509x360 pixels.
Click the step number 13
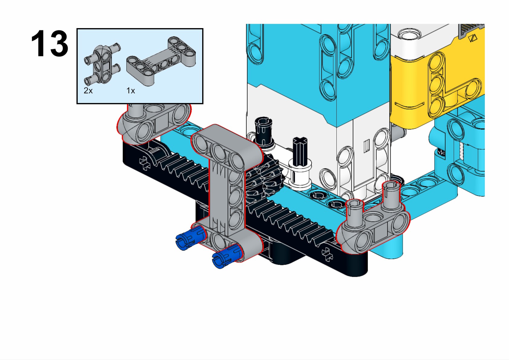coord(50,44)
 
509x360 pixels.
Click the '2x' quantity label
coord(88,91)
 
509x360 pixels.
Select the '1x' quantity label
coord(131,91)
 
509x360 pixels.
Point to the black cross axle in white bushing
coord(300,151)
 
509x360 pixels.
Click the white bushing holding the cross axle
coord(300,175)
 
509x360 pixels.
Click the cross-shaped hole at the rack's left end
coord(145,163)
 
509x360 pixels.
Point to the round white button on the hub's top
coord(410,35)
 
